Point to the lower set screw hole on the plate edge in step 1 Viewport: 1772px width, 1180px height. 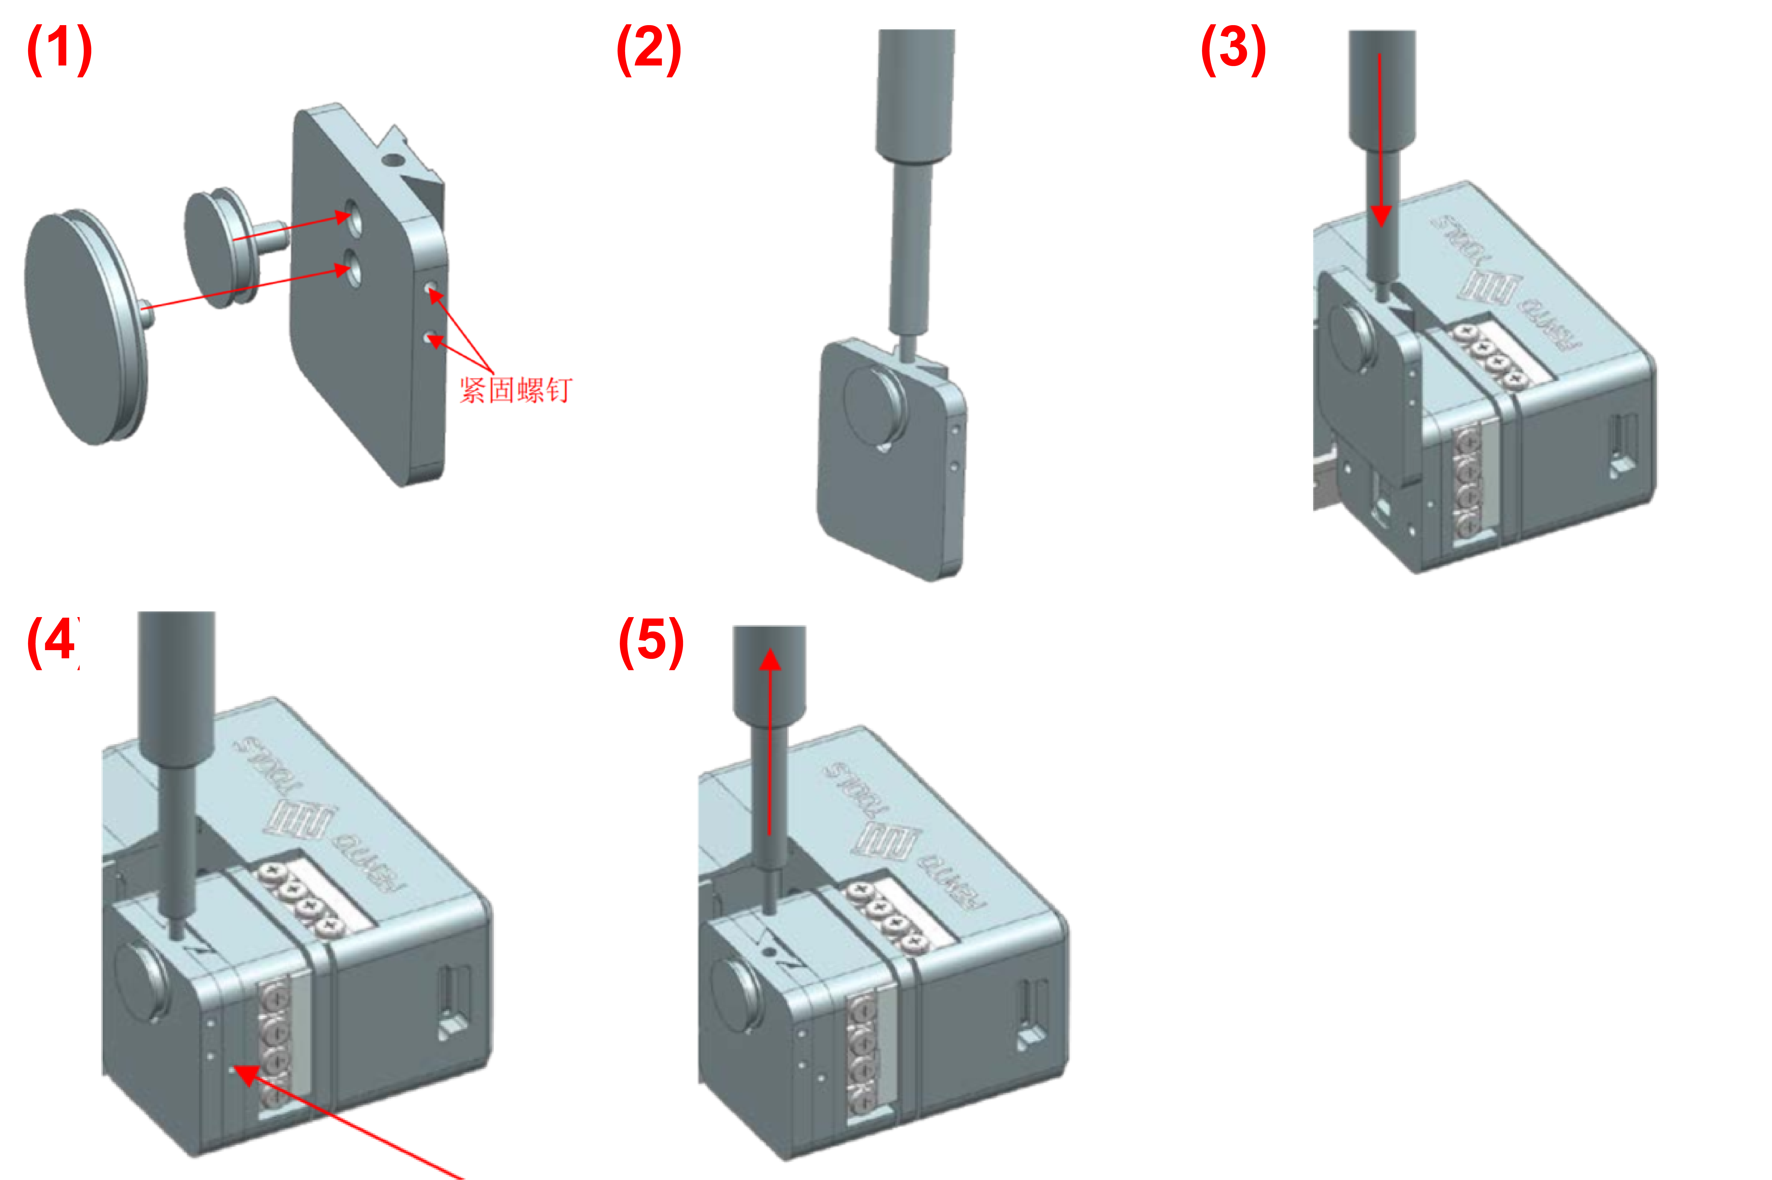pos(430,338)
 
